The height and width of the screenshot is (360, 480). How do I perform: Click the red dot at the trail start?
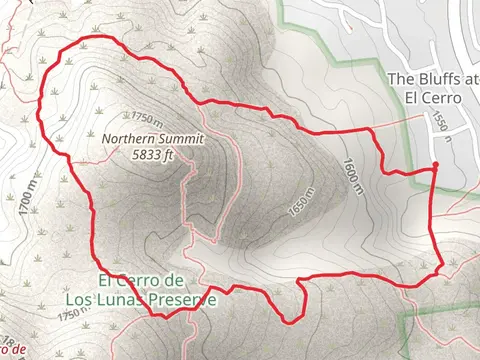tap(436, 166)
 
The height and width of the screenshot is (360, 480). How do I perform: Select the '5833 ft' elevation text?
tap(153, 155)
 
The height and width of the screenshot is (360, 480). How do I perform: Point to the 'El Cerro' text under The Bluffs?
tap(431, 98)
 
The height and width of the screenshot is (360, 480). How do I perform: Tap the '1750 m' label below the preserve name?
tap(75, 314)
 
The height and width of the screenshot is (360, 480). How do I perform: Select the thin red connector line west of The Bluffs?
tap(400, 124)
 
